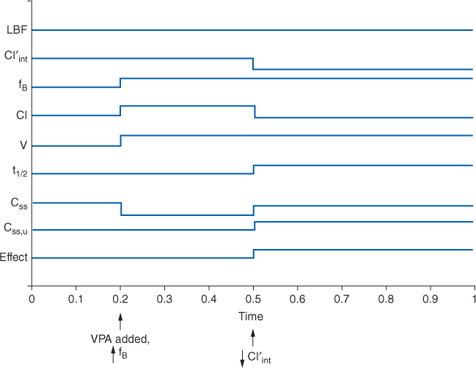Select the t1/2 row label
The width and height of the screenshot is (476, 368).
click(15, 173)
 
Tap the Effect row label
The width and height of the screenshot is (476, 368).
click(12, 258)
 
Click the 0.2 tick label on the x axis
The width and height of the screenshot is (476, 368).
click(120, 300)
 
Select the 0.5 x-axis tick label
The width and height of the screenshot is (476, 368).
click(253, 300)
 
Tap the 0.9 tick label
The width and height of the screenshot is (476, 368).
click(431, 300)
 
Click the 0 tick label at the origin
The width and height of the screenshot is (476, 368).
click(31, 300)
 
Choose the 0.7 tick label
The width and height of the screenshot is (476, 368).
click(342, 300)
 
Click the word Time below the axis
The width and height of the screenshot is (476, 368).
click(251, 316)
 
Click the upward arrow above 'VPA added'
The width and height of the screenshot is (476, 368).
click(120, 322)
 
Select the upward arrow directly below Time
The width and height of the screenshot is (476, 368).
click(253, 336)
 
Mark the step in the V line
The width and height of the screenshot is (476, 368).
click(120, 140)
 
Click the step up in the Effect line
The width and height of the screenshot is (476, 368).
click(253, 254)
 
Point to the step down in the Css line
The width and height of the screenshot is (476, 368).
click(120, 209)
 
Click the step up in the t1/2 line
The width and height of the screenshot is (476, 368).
click(253, 170)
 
